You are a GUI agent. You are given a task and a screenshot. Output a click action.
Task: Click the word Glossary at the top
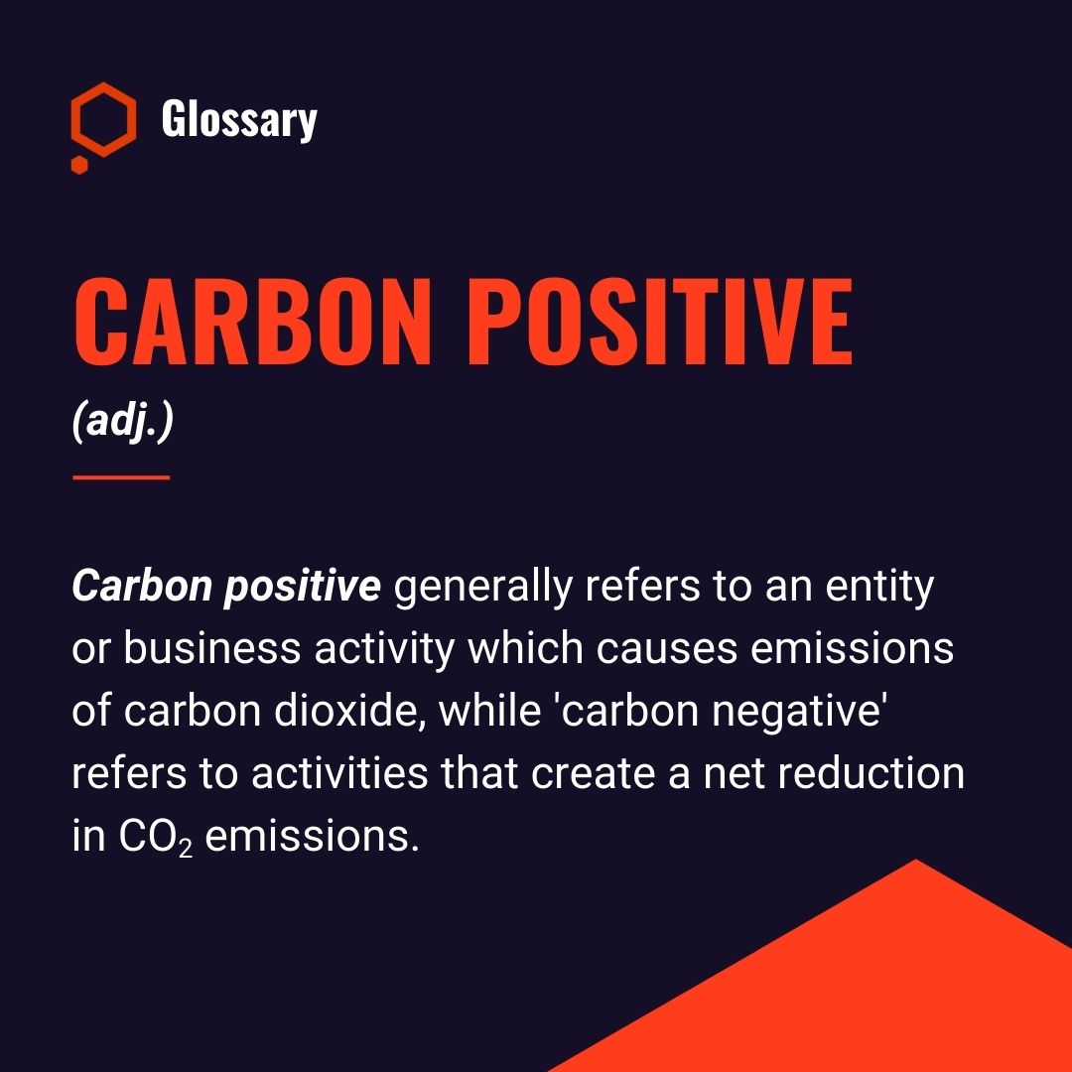click(239, 120)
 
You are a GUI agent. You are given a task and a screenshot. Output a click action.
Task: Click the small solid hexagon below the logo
click(80, 165)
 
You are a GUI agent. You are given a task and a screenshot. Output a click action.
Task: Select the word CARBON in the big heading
click(253, 322)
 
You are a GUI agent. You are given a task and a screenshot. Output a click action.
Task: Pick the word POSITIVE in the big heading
click(660, 322)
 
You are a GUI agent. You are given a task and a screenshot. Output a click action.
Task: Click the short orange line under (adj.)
click(121, 477)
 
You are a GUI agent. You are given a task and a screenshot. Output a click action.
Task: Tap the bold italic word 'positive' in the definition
click(302, 588)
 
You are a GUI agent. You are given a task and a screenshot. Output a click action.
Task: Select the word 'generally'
click(482, 588)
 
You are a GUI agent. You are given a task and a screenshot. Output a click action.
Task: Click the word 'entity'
click(879, 588)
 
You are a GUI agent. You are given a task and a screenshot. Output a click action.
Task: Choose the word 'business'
click(212, 648)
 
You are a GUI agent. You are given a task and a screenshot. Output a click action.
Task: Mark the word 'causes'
click(667, 649)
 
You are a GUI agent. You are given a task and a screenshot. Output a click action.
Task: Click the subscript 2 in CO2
click(186, 849)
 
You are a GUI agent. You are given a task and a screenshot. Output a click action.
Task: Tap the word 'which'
click(525, 648)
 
